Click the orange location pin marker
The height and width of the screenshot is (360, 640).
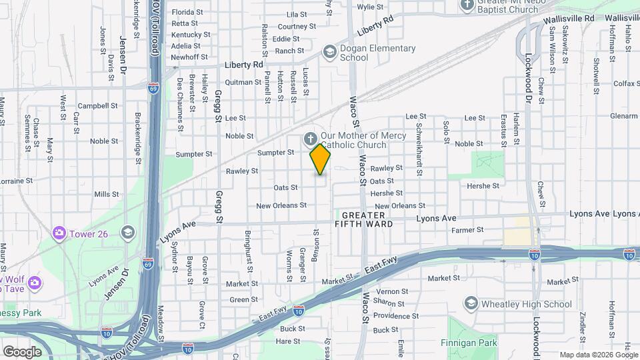coord(320,159)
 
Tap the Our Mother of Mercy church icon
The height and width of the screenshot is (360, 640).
coord(309,139)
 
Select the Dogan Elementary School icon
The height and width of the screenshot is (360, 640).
coord(329,52)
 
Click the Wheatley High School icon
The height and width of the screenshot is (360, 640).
coord(471,304)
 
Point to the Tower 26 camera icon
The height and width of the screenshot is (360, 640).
coord(59,232)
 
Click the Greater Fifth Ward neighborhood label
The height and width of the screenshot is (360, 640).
coord(364,220)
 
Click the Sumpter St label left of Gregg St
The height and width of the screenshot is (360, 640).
coord(193,154)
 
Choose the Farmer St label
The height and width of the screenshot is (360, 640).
coord(467,230)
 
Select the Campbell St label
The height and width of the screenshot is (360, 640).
coord(97,105)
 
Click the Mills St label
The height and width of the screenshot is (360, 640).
coord(106,194)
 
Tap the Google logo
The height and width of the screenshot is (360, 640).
coord(22,351)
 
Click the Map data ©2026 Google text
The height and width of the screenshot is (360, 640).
coord(598,355)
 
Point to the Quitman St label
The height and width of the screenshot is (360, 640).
coord(243,82)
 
